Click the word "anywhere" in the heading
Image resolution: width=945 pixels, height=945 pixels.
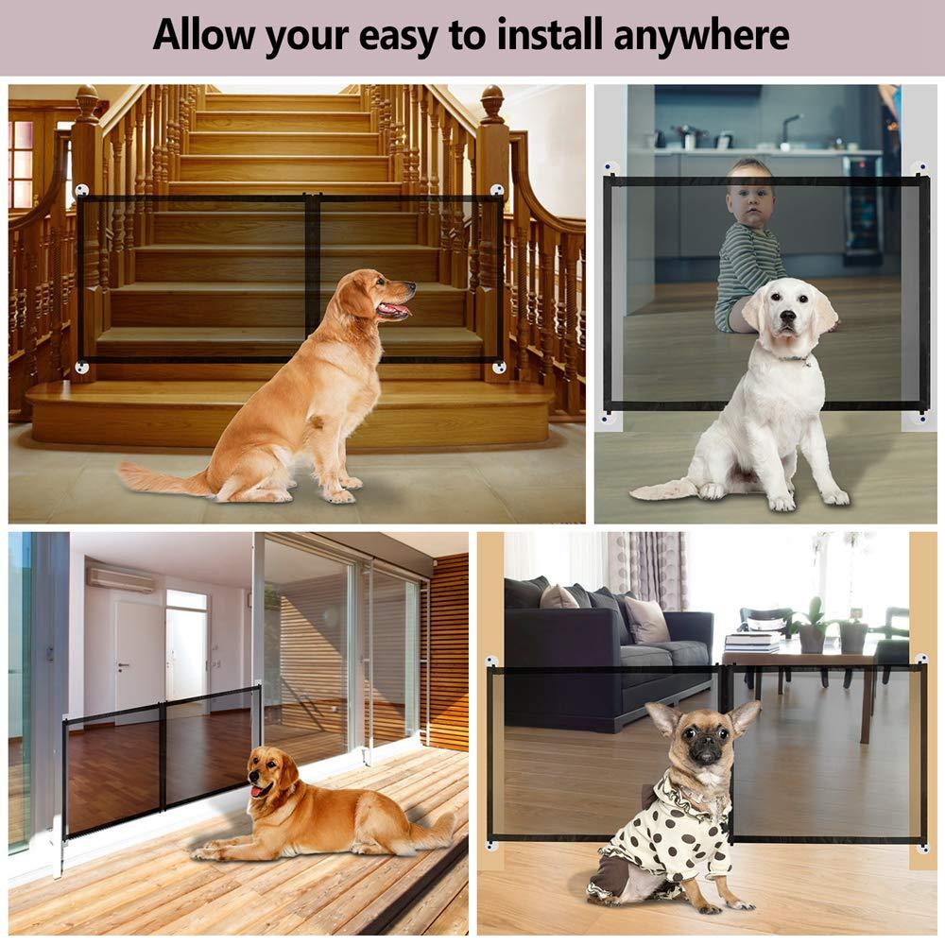coord(701,35)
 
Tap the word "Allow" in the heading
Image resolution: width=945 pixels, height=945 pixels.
coord(203,35)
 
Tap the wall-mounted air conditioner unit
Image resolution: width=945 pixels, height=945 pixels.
coord(120,578)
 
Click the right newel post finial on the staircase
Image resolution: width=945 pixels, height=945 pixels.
coord(492,103)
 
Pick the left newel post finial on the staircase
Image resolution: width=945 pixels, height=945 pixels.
coord(86,102)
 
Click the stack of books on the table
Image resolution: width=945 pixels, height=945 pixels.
coord(752,642)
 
